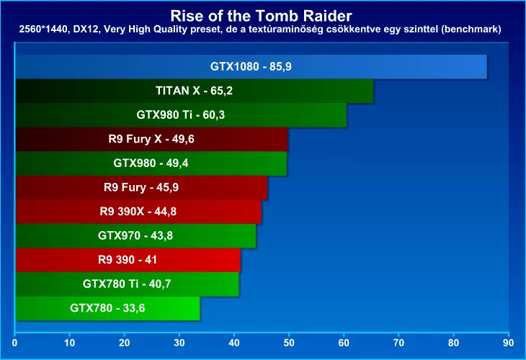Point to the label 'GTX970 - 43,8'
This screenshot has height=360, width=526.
(x=135, y=235)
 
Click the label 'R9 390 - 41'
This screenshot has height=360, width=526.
(x=128, y=260)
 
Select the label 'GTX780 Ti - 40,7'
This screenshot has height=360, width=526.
(x=127, y=284)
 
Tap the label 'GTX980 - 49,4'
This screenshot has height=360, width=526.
(x=151, y=163)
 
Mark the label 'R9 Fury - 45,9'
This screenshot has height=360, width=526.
(x=141, y=187)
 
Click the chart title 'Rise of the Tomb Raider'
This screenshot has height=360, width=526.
(x=262, y=14)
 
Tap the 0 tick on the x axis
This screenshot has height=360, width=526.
(x=15, y=335)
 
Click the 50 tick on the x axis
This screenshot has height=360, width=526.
(x=289, y=335)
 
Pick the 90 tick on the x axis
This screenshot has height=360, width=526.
(x=508, y=335)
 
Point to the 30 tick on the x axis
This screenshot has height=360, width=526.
(x=179, y=335)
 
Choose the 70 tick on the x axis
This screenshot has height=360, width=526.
(x=398, y=335)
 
